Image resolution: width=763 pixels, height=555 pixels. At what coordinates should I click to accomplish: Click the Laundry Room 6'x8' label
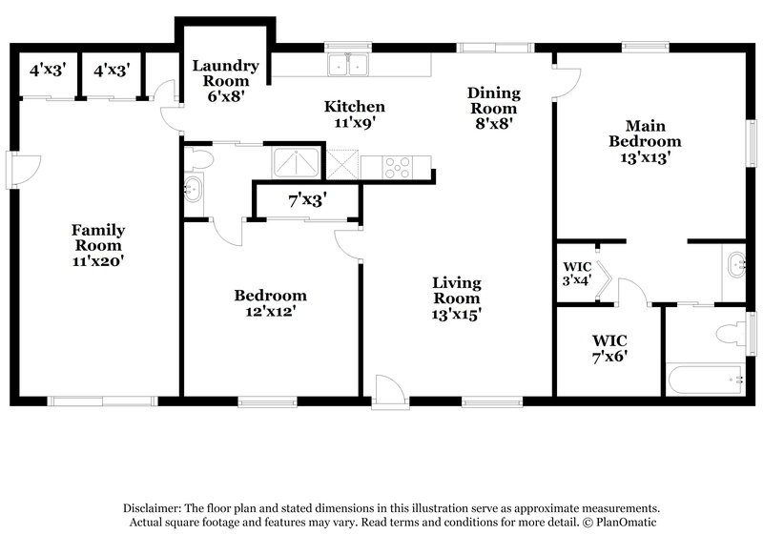pyautogui.click(x=225, y=81)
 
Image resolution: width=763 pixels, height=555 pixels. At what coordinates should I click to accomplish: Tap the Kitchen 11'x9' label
pyautogui.click(x=354, y=114)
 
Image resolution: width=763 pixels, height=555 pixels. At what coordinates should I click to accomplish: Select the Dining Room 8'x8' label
pyautogui.click(x=493, y=108)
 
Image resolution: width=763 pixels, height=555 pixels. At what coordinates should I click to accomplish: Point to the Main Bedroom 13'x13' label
pyautogui.click(x=646, y=143)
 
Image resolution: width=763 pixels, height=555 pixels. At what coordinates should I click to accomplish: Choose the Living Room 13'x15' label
pyautogui.click(x=456, y=298)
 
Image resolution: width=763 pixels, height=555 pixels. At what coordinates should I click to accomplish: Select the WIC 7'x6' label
pyautogui.click(x=608, y=348)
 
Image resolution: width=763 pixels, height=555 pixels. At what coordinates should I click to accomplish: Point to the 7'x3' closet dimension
pyautogui.click(x=307, y=200)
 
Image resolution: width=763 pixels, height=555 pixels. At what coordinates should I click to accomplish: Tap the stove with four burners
pyautogui.click(x=398, y=167)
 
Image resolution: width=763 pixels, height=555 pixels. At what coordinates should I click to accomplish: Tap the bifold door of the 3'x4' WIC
pyautogui.click(x=602, y=284)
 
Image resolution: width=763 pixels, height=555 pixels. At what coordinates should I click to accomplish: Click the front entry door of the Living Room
pyautogui.click(x=388, y=391)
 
